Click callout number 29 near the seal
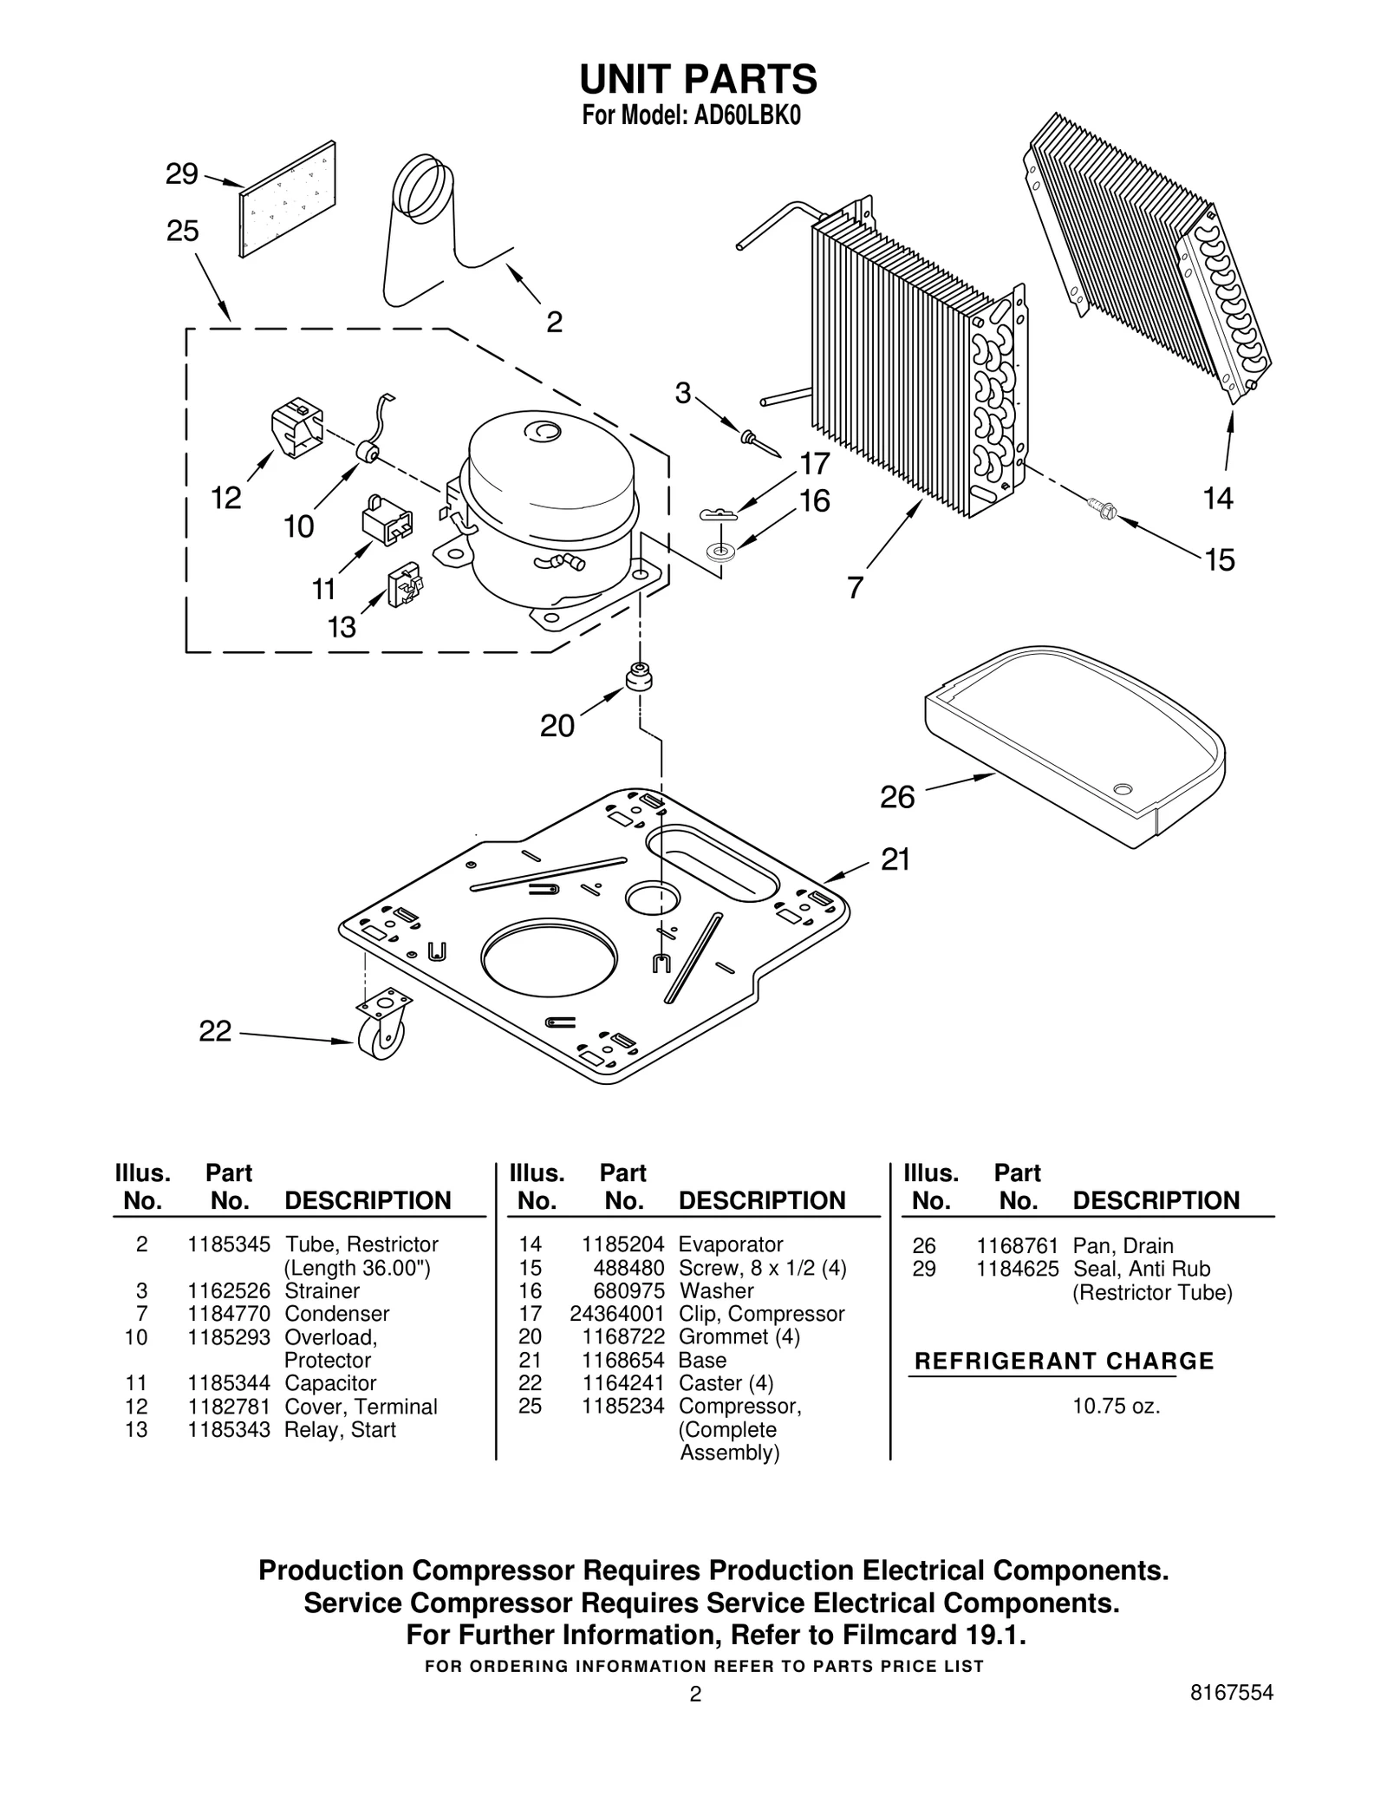(x=181, y=174)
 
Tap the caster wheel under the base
(x=382, y=1042)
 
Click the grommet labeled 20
(x=639, y=677)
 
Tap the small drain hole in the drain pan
(x=1123, y=789)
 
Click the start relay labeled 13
(x=405, y=586)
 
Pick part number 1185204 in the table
(x=622, y=1244)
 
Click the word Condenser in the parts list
(x=336, y=1314)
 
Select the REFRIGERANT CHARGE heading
(x=1064, y=1361)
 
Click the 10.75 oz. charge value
(x=1116, y=1406)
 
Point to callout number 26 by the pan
(x=897, y=797)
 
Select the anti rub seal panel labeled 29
(x=288, y=199)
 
